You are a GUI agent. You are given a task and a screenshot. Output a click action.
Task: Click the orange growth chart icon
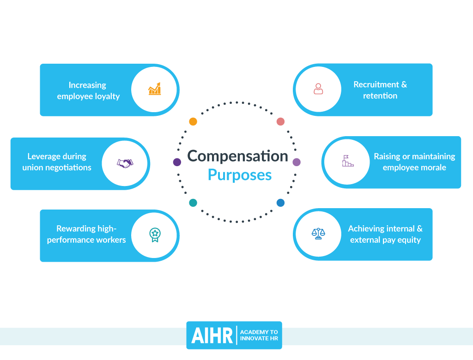[155, 89]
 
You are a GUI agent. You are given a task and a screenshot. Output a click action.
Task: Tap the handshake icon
[125, 163]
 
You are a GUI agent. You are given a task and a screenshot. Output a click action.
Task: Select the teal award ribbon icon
[155, 235]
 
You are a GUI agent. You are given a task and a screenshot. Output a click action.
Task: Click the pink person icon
[318, 89]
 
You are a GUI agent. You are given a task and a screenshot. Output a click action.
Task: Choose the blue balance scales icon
[318, 234]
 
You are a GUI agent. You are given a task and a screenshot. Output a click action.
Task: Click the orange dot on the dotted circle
[193, 121]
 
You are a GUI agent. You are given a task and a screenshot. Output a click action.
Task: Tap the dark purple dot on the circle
[177, 162]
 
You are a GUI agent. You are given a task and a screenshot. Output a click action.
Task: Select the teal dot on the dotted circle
[193, 203]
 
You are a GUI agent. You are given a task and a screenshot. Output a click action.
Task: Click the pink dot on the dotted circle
[280, 121]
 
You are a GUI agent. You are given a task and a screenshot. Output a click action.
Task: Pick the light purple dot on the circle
[297, 162]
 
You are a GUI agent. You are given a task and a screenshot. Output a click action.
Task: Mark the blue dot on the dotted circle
[280, 203]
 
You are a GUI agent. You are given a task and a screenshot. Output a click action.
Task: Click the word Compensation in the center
[237, 156]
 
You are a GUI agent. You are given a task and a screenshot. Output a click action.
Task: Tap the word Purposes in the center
[239, 175]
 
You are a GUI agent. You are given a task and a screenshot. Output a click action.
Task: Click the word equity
[407, 240]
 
